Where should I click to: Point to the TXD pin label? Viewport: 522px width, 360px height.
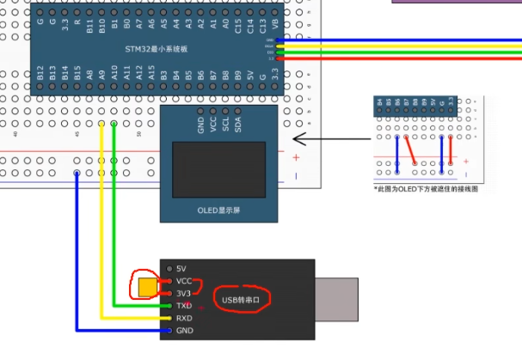click(185, 306)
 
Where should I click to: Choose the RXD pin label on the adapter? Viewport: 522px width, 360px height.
click(185, 318)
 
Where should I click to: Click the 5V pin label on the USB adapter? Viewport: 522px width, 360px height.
click(181, 269)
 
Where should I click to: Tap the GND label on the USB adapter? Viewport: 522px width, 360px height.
click(185, 330)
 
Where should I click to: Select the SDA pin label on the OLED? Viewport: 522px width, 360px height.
click(238, 124)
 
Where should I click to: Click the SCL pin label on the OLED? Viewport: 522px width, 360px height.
click(226, 124)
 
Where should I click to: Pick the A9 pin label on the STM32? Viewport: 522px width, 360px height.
click(102, 76)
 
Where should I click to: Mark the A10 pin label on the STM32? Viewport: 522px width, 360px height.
click(114, 76)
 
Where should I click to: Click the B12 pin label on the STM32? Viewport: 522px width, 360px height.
click(40, 76)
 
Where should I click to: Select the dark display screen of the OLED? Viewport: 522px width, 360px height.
click(219, 166)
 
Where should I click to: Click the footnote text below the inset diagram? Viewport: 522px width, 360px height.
click(425, 188)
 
